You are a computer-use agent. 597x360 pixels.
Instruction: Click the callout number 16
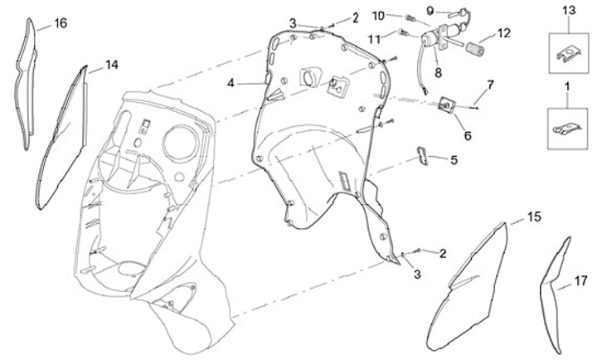click(x=61, y=23)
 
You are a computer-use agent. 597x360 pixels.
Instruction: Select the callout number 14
click(x=111, y=65)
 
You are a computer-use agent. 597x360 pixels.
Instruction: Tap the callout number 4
click(x=231, y=83)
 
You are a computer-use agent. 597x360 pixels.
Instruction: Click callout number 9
click(x=430, y=10)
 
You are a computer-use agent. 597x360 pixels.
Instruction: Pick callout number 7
click(x=490, y=85)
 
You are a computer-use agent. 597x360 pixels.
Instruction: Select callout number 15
click(x=534, y=216)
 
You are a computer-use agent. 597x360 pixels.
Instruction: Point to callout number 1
click(x=567, y=86)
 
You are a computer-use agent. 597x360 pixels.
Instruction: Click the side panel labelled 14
click(x=63, y=137)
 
